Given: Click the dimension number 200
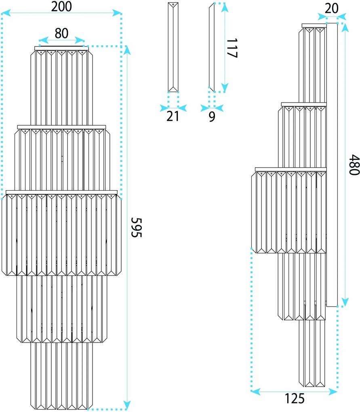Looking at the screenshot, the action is (x=61, y=6).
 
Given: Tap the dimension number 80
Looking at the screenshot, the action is (x=61, y=34).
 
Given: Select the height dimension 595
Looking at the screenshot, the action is (x=137, y=227).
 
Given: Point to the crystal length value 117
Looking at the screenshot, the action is (x=232, y=48).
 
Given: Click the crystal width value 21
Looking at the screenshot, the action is (x=173, y=116).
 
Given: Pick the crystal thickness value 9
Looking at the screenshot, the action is (x=212, y=117).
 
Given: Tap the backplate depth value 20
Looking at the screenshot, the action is (x=331, y=8).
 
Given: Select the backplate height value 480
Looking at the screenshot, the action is (x=354, y=165).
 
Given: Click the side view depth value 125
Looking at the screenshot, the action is (x=295, y=398).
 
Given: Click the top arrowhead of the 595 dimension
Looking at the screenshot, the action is (x=127, y=50).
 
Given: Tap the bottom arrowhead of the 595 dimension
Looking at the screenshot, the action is (x=127, y=406).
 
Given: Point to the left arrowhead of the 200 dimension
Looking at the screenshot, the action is (x=6, y=13).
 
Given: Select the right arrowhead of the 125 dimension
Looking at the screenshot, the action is (x=333, y=392).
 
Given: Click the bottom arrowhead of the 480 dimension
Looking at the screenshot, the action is (x=345, y=302).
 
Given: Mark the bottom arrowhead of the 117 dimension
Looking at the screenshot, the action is (x=224, y=88).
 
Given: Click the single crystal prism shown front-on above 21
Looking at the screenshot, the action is (x=173, y=47).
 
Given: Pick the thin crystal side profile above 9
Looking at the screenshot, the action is (x=212, y=47).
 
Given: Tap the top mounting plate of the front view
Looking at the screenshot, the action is (x=61, y=48).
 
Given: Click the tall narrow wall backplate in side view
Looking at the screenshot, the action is (x=332, y=165).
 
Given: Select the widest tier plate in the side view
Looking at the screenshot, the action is (x=291, y=169).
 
